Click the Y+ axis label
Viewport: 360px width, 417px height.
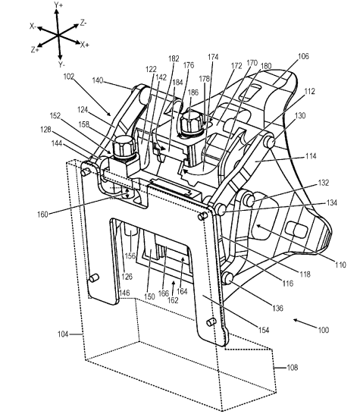pos(58,5)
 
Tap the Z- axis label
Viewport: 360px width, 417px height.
pos(83,24)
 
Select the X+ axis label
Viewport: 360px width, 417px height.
pos(85,45)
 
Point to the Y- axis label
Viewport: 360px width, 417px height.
pos(61,64)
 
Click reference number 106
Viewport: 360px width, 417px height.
pos(303,56)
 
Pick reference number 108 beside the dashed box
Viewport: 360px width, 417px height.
pos(293,367)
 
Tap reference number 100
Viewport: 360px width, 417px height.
pos(324,330)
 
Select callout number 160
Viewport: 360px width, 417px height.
pos(42,214)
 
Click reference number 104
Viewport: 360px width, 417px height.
pos(63,334)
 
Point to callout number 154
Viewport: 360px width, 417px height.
pos(264,330)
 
